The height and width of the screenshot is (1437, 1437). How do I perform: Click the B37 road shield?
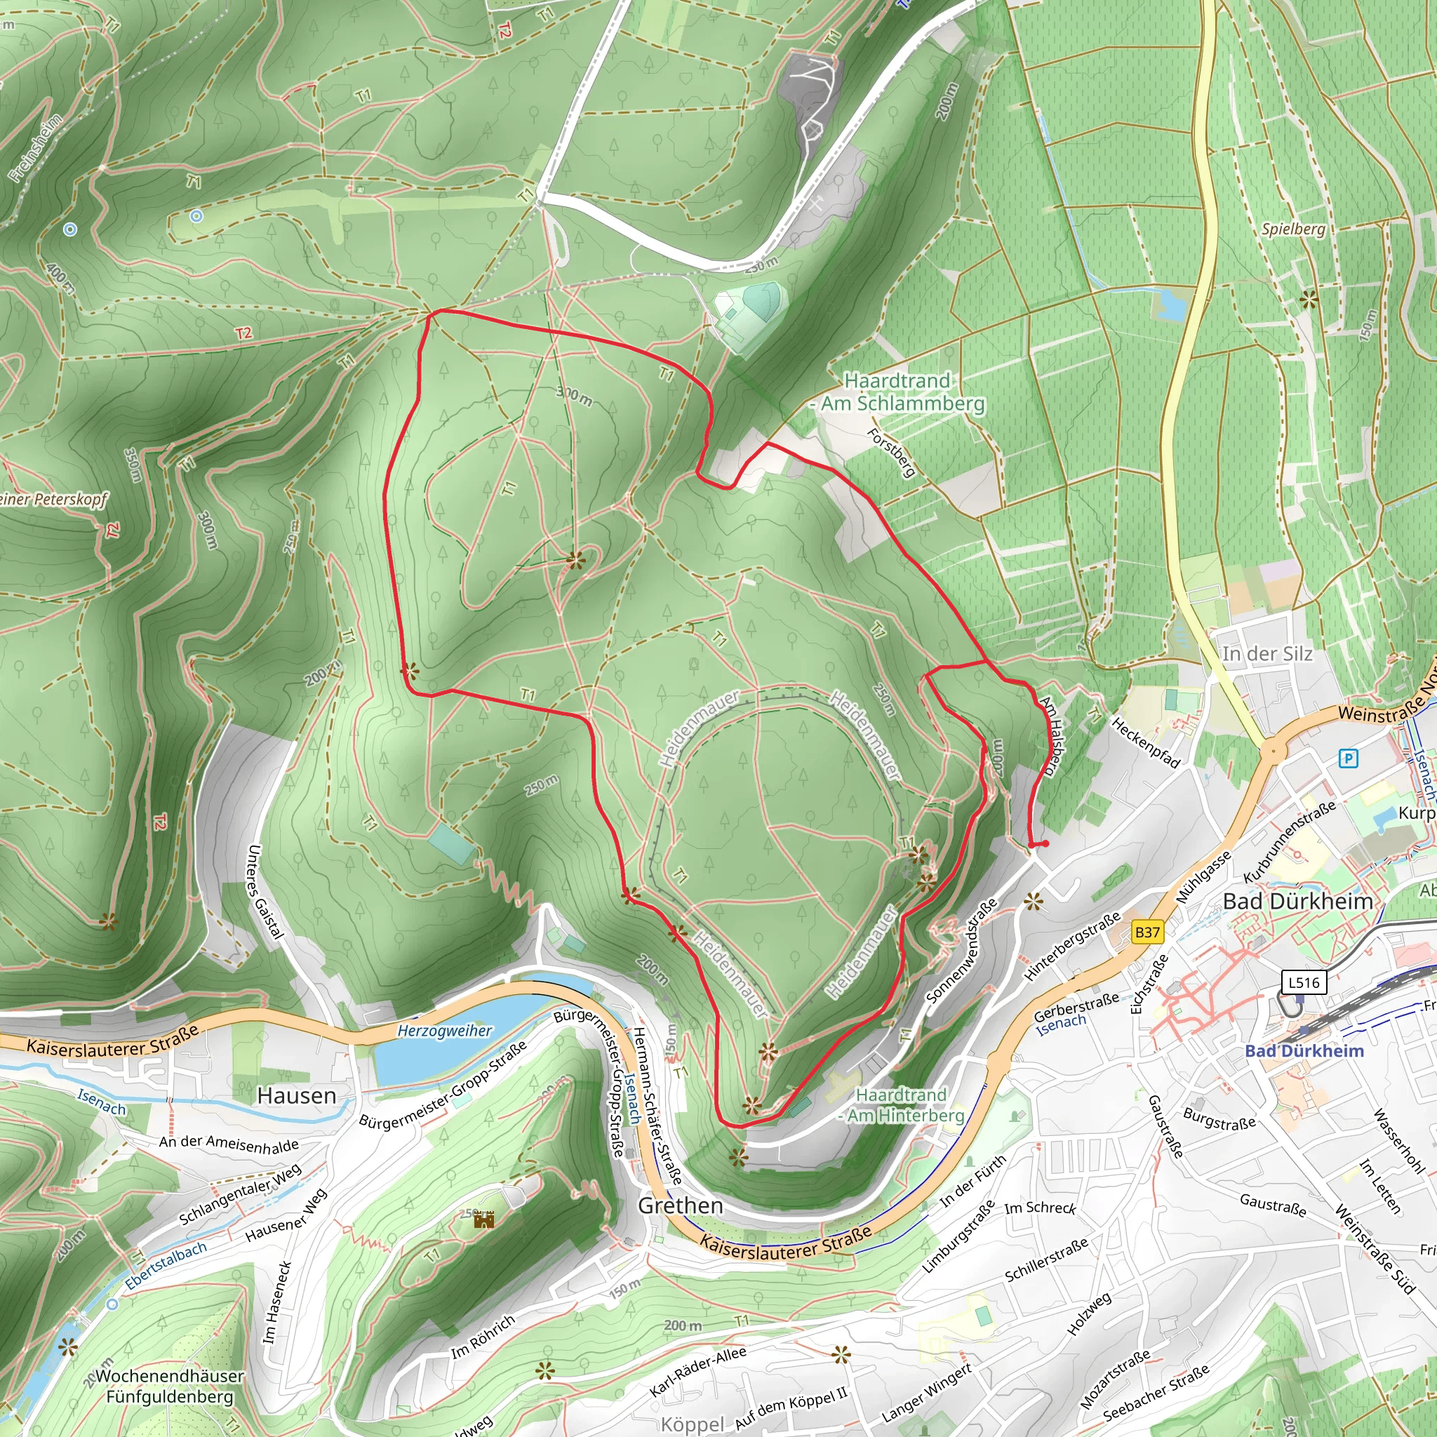1147,932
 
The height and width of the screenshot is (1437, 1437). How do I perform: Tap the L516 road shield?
1303,982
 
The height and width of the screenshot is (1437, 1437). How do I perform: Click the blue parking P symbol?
1348,758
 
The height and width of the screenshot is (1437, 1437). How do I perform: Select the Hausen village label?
297,1095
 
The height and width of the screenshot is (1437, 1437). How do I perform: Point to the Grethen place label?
681,1205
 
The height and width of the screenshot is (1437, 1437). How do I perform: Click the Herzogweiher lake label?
444,1031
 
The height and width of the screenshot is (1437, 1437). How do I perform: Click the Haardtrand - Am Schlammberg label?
901,392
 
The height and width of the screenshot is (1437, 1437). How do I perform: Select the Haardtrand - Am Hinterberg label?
902,1105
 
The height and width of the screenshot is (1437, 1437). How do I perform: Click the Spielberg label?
1293,228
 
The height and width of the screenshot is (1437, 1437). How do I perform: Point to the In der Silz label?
1267,654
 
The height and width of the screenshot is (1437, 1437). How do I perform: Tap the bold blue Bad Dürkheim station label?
1304,1051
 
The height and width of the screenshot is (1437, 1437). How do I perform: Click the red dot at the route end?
1045,843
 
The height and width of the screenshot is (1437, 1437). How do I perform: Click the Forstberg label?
892,453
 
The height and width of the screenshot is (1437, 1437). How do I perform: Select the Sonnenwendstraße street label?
962,951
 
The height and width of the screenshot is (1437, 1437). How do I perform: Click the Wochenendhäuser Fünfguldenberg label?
170,1386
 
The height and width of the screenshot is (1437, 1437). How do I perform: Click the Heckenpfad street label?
1145,742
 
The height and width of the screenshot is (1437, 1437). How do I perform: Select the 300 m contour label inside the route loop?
574,396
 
